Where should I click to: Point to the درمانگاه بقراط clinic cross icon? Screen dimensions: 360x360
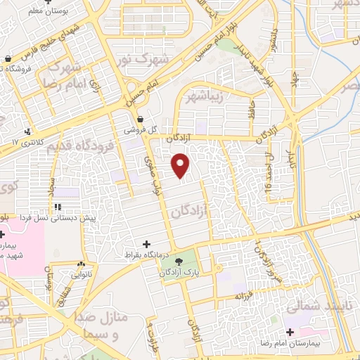coord(146,243)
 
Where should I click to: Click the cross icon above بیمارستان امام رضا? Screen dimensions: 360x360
coord(290,331)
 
